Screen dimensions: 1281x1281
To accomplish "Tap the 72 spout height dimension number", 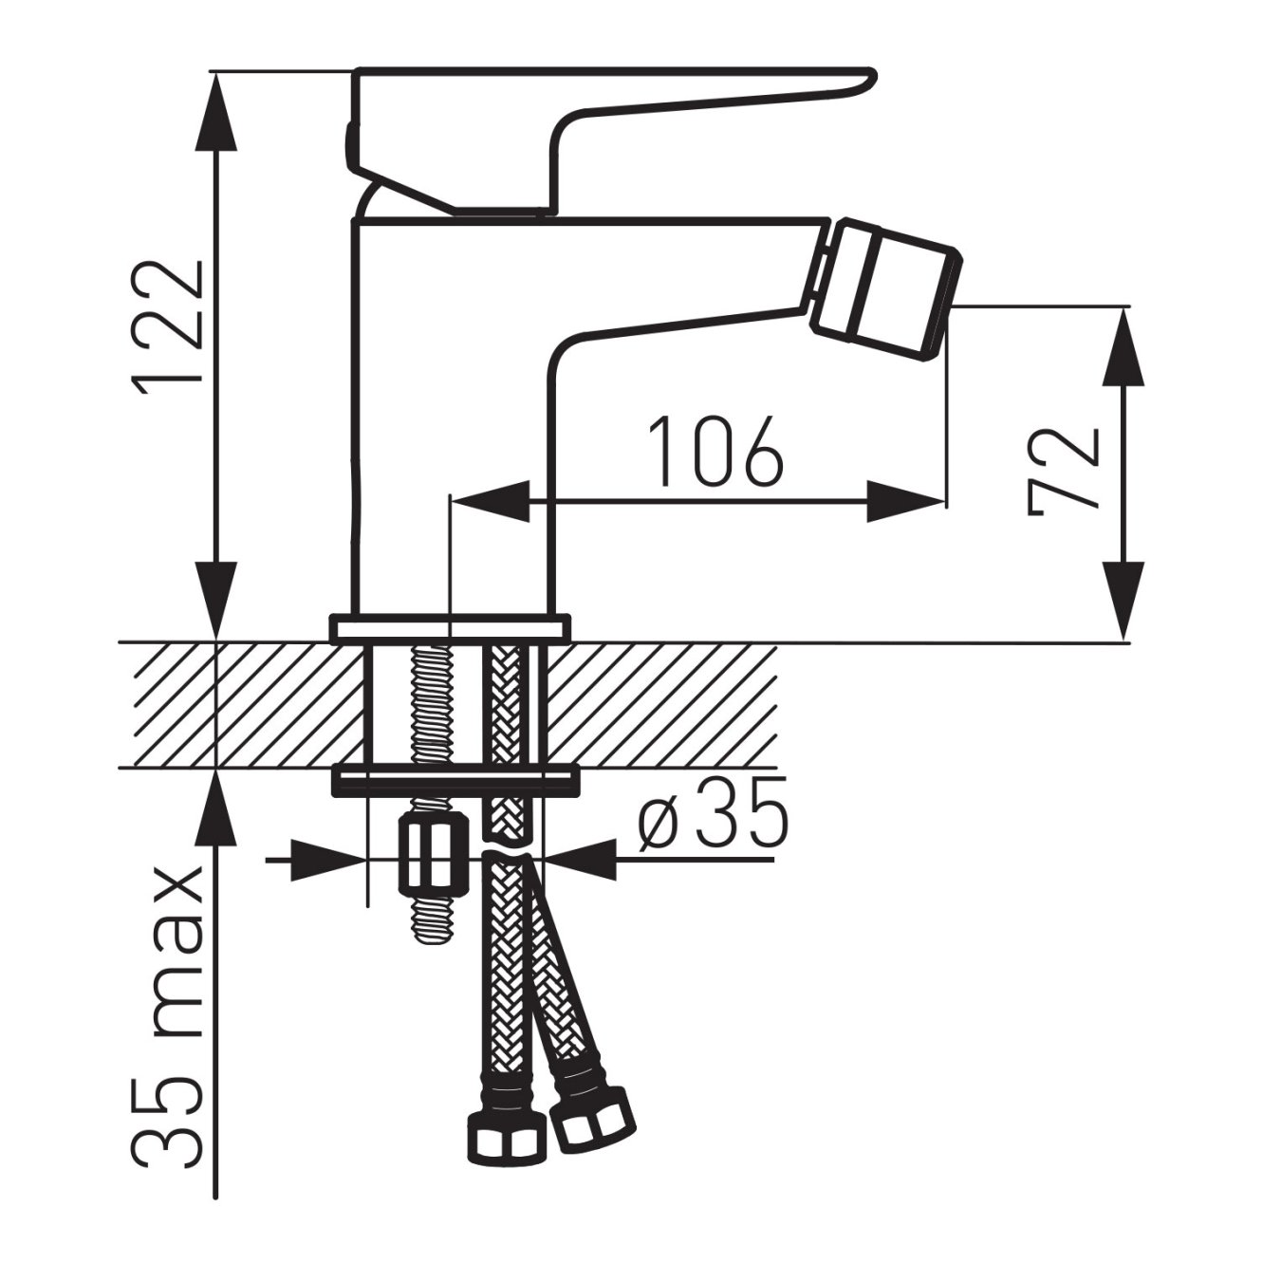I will [x=1063, y=472].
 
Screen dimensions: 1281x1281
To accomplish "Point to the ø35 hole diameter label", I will [x=712, y=814].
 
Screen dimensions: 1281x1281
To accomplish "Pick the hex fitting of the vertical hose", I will [x=505, y=1134].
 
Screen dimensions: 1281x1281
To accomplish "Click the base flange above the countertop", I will [x=451, y=628].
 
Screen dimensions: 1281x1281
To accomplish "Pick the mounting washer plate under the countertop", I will [x=454, y=780].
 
